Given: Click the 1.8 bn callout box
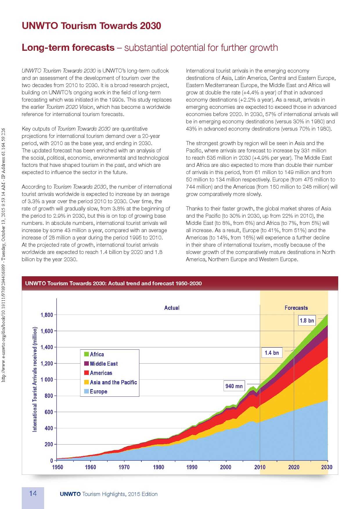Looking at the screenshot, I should click(307, 320).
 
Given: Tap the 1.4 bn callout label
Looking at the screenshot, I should click(272, 353).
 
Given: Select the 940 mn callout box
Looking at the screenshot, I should click(234, 386).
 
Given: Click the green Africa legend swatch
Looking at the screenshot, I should click(87, 354).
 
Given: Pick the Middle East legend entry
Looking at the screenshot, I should click(104, 364).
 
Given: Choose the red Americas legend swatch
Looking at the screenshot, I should click(87, 373).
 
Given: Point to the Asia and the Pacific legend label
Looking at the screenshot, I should click(113, 382).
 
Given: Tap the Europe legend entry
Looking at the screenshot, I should click(98, 391).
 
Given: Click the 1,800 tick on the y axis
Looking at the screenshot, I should click(46, 315).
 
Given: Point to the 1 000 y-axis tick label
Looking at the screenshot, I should click(47, 380).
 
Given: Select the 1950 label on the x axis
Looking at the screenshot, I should click(57, 467).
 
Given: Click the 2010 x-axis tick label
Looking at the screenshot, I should click(260, 467).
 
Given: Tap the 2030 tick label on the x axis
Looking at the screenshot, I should click(327, 467).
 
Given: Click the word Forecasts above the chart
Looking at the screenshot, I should click(296, 308).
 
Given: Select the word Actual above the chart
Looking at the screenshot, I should click(172, 308).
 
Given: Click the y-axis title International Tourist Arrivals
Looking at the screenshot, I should click(35, 379).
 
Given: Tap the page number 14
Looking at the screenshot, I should click(33, 494).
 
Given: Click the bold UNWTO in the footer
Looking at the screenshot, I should click(70, 494).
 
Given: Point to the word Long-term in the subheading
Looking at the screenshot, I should click(68, 48).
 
